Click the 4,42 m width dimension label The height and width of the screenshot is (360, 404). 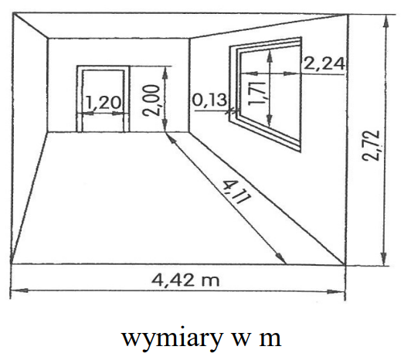185,280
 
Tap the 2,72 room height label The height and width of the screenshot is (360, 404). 371,145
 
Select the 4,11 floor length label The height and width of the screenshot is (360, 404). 236,192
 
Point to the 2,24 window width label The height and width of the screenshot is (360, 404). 324,64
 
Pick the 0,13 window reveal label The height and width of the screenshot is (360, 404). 210,100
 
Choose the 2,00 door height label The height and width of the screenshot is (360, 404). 151,100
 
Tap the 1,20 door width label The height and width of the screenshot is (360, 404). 103,102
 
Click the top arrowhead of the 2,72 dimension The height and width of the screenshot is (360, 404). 385,22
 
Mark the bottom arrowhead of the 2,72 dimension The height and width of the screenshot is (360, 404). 384,259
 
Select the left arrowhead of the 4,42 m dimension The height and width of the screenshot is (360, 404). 18,290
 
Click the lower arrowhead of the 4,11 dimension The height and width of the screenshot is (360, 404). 281,258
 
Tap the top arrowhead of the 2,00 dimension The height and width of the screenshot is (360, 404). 165,73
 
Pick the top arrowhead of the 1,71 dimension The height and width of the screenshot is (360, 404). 270,56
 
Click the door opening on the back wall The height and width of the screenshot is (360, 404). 103,101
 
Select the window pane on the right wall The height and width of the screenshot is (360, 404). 270,94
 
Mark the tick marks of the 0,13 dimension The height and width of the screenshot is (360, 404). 231,111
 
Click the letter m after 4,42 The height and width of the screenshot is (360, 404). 210,281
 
